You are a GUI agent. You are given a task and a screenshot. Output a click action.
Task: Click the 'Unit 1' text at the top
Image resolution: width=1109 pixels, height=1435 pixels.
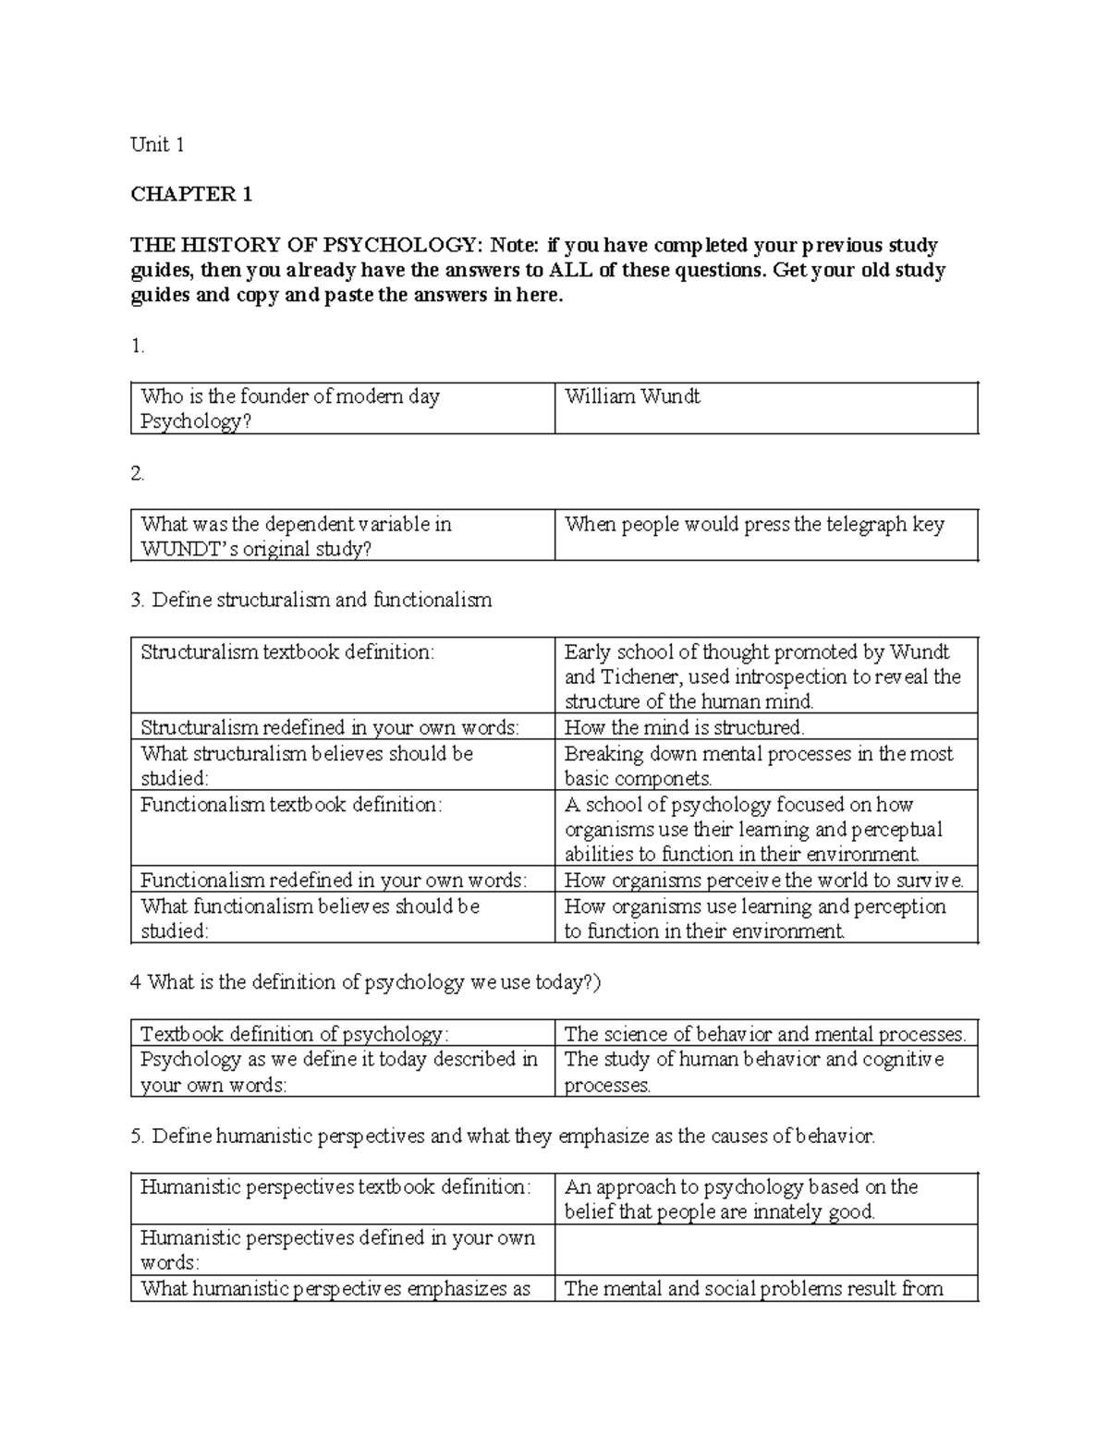coord(157,144)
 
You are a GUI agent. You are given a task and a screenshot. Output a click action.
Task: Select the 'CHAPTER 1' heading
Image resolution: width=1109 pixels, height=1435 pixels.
coord(191,194)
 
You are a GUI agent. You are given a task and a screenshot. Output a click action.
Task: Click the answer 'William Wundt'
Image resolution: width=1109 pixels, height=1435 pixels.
coord(632,396)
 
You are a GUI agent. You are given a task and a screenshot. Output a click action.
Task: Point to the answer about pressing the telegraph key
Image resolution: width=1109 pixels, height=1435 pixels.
coord(754,525)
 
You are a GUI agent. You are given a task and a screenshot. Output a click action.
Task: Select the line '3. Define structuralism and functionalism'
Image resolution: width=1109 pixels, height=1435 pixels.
coord(311,601)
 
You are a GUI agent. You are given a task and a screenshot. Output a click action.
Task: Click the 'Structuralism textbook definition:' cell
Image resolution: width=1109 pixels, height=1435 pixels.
coord(286,652)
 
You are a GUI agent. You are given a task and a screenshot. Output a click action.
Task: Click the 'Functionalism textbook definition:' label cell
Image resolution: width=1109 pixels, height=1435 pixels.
coord(291,805)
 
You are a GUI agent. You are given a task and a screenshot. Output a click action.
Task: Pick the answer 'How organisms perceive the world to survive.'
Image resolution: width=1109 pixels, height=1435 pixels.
coord(763,881)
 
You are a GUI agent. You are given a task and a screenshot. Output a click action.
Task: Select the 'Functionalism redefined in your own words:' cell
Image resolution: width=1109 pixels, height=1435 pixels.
coord(333,881)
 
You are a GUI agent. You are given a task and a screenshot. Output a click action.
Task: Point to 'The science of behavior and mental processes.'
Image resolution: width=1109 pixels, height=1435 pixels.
coord(764,1034)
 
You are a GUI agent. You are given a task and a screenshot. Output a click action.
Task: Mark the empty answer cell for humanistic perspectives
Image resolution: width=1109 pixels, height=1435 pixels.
coord(765,1250)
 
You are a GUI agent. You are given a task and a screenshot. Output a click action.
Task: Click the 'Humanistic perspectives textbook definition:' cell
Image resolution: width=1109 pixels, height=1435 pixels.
coord(335,1186)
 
